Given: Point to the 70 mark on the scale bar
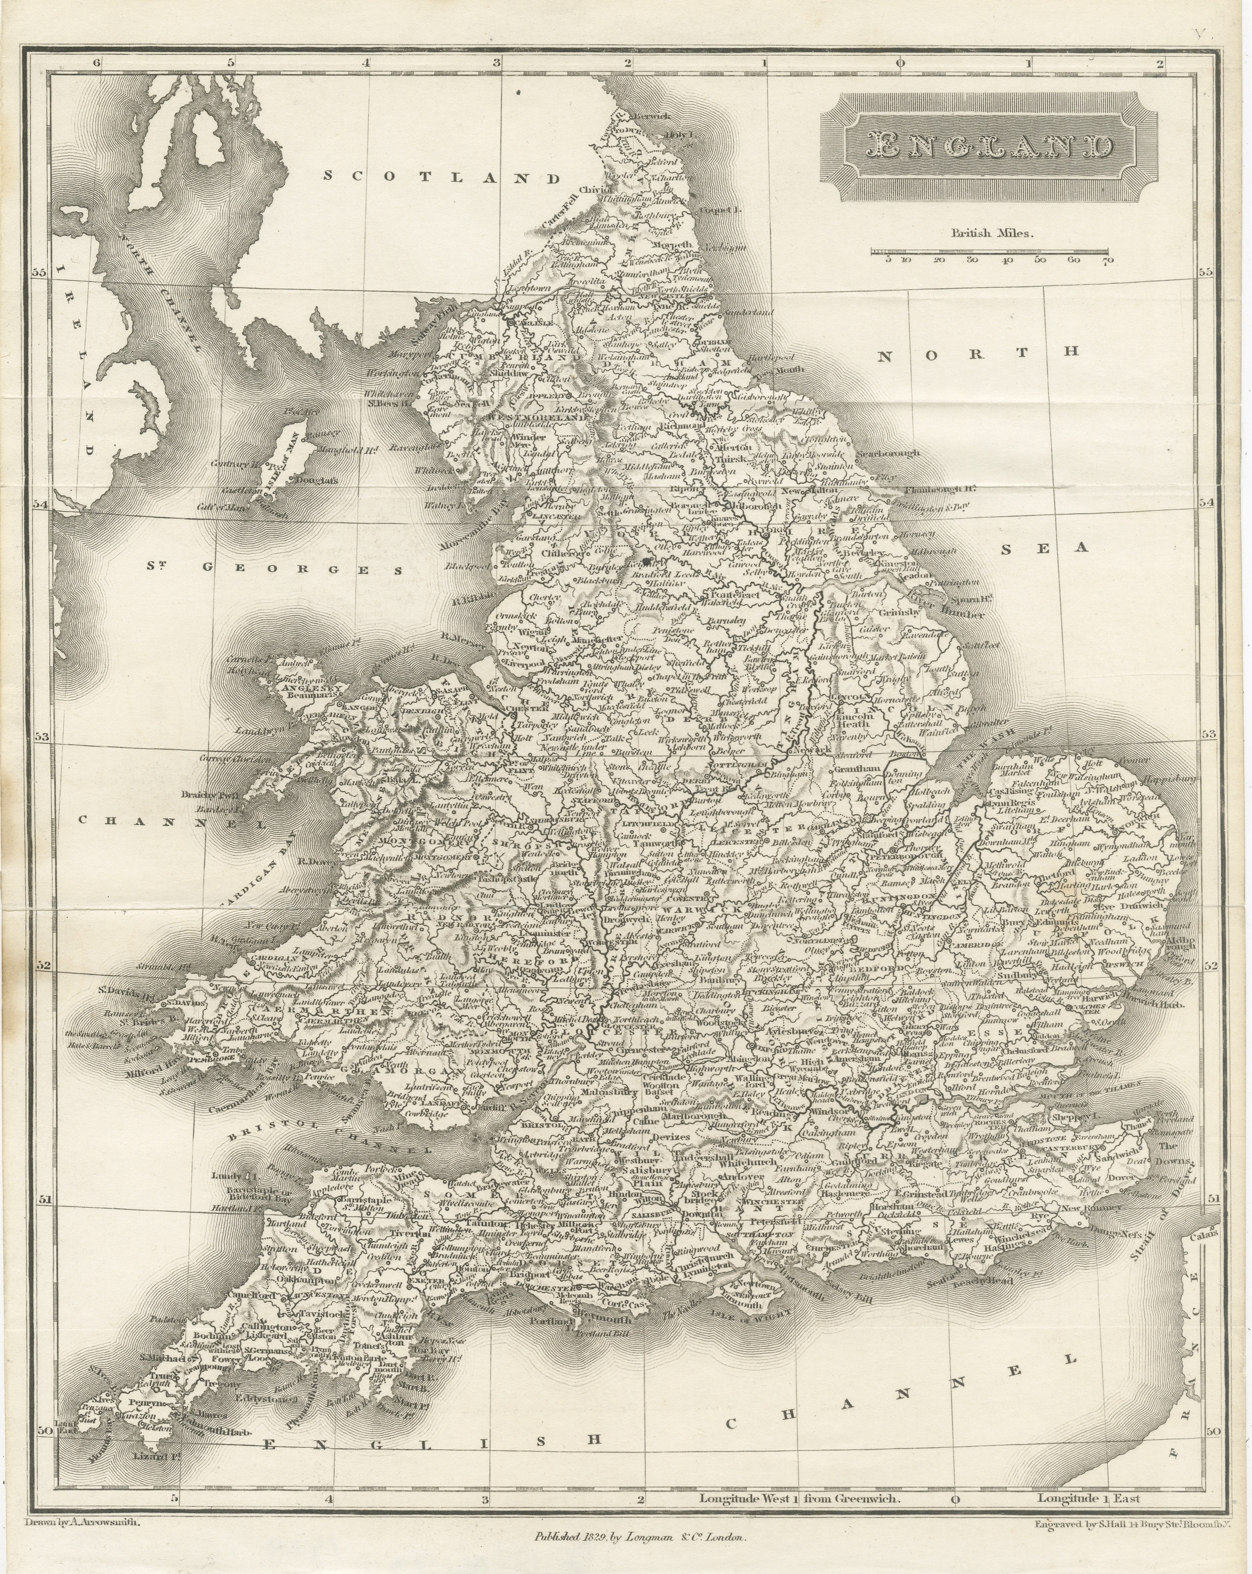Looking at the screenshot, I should click(x=1107, y=260).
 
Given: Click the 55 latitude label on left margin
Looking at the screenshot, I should click(x=38, y=271).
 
